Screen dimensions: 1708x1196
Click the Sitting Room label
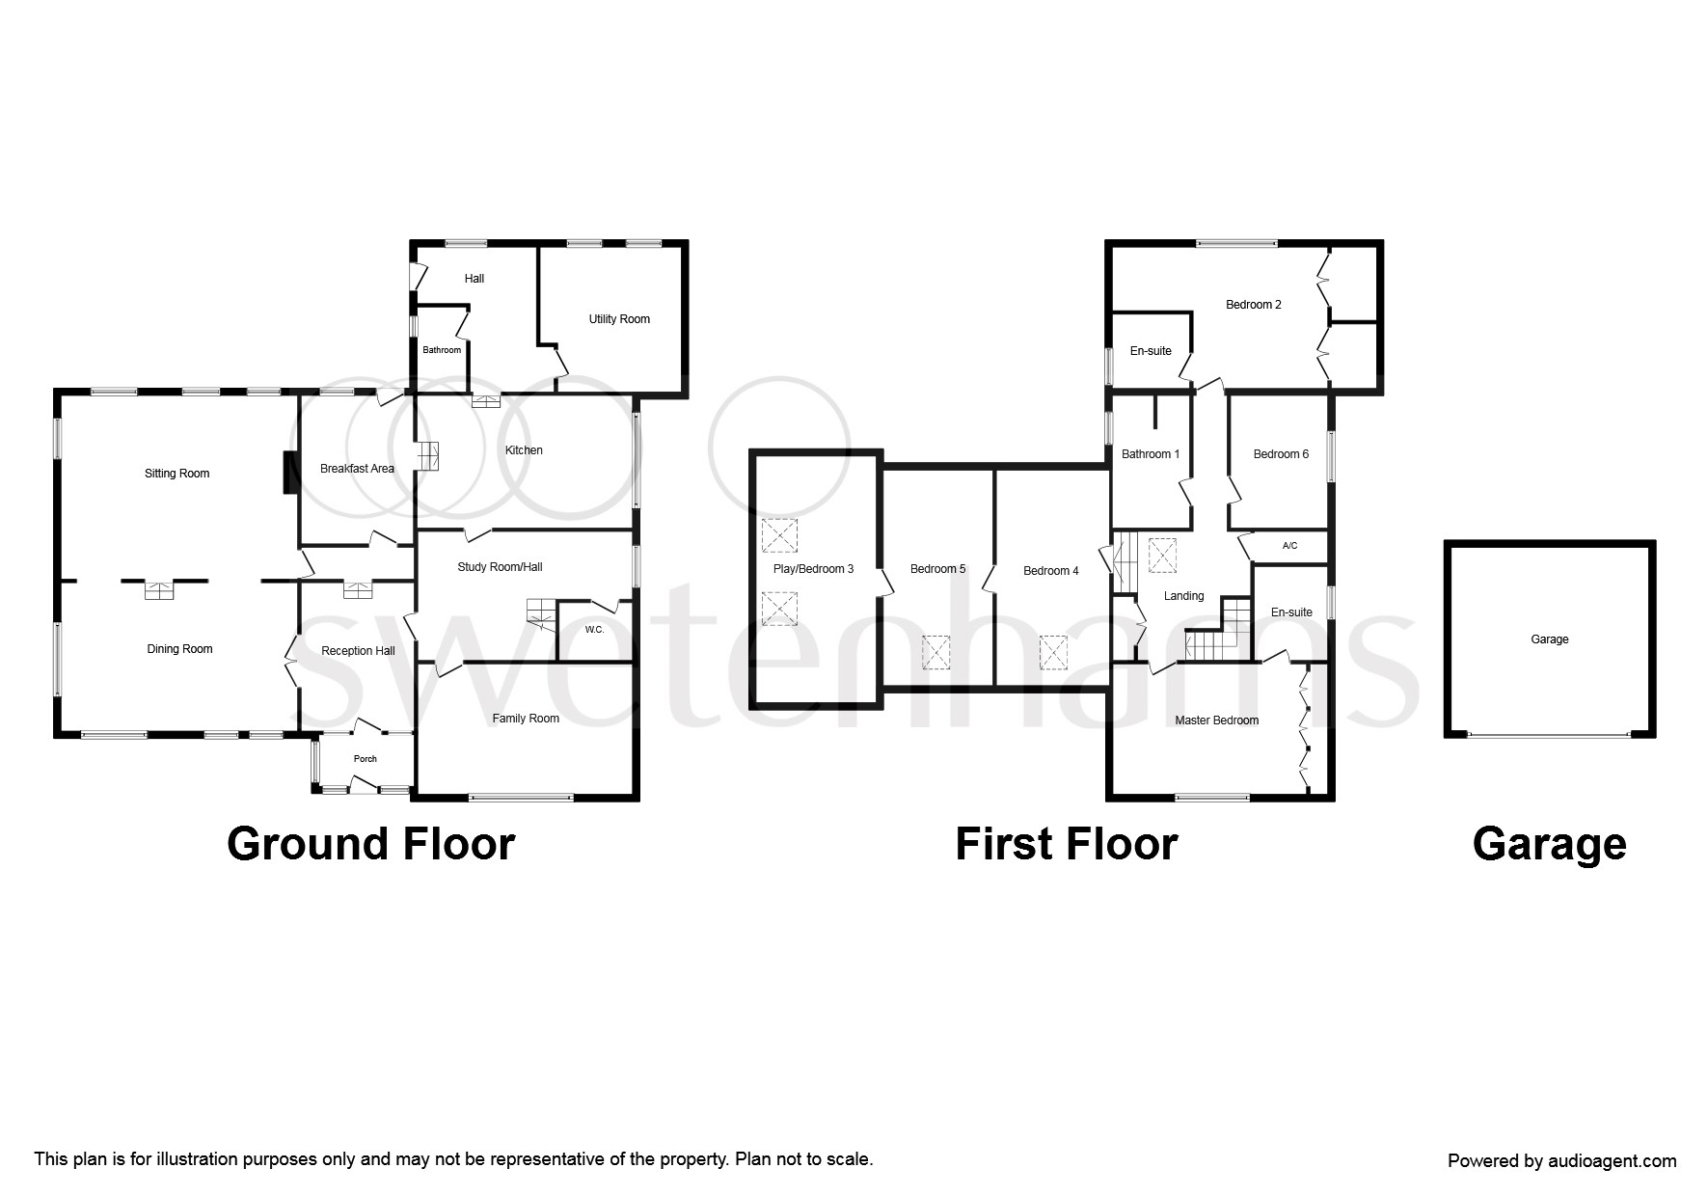(x=176, y=474)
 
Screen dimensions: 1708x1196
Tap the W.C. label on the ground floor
(x=594, y=630)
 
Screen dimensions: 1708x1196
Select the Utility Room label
(x=619, y=319)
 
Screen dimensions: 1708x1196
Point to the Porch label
(x=366, y=759)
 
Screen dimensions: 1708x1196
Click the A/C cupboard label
(x=1290, y=546)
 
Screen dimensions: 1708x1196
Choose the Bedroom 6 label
(x=1281, y=454)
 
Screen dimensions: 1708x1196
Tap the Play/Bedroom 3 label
(x=813, y=569)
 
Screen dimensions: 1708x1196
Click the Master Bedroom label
(x=1216, y=720)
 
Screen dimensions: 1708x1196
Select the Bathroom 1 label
(x=1151, y=454)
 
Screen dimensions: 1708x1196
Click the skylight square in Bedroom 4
(x=1053, y=652)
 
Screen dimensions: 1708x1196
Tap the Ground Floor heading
(x=371, y=844)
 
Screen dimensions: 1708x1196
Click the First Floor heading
(x=1067, y=844)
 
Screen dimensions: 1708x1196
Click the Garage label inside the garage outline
(x=1550, y=639)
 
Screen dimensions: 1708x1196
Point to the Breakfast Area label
(x=357, y=469)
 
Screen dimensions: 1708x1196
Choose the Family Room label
(x=526, y=719)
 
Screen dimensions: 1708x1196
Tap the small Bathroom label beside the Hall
(x=442, y=350)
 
